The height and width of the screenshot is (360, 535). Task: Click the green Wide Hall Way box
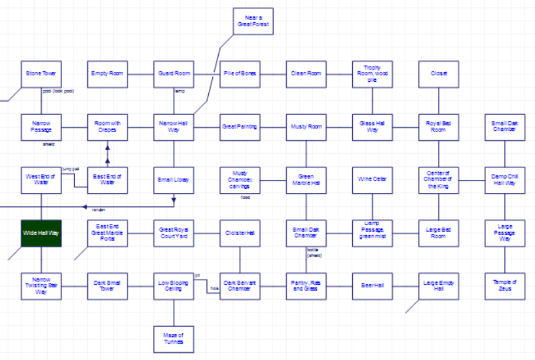coord(41,233)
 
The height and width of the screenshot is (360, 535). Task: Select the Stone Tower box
coord(41,73)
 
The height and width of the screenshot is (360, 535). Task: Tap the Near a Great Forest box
coord(253,22)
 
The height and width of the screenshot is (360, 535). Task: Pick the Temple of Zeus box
coord(504,285)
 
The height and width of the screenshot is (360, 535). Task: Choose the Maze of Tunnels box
coord(174,338)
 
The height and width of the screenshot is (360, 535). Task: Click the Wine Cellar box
coord(373,179)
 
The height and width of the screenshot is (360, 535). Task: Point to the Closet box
coord(439,73)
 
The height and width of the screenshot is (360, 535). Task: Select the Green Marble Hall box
coord(306,179)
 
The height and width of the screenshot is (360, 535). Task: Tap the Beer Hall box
coord(373,285)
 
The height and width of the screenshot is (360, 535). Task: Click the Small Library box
coord(174,179)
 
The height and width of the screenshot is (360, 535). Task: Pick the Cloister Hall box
coord(240,232)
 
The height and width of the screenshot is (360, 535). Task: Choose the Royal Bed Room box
coord(439,126)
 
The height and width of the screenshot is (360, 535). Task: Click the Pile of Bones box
coord(240,73)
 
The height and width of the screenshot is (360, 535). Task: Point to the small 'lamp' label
coord(179,91)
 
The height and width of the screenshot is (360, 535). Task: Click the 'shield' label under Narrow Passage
coord(48,144)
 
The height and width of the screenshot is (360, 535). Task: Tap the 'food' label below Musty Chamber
coord(246,197)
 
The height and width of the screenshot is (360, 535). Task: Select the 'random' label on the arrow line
coord(98,209)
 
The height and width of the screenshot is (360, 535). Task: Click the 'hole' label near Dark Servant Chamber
coord(213,288)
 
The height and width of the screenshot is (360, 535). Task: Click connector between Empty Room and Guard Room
coord(140,73)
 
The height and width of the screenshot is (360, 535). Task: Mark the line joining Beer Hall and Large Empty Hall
coord(405,285)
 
